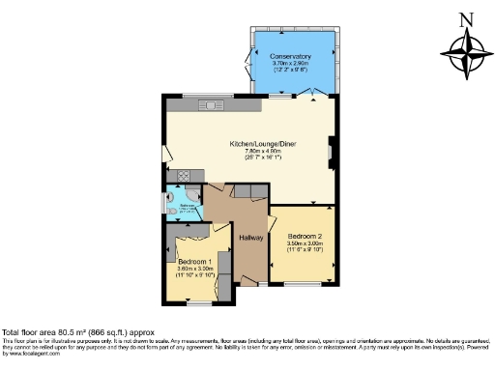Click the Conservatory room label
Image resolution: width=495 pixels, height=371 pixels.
pyautogui.click(x=290, y=57)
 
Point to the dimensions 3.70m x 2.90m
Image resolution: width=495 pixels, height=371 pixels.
pyautogui.click(x=290, y=64)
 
